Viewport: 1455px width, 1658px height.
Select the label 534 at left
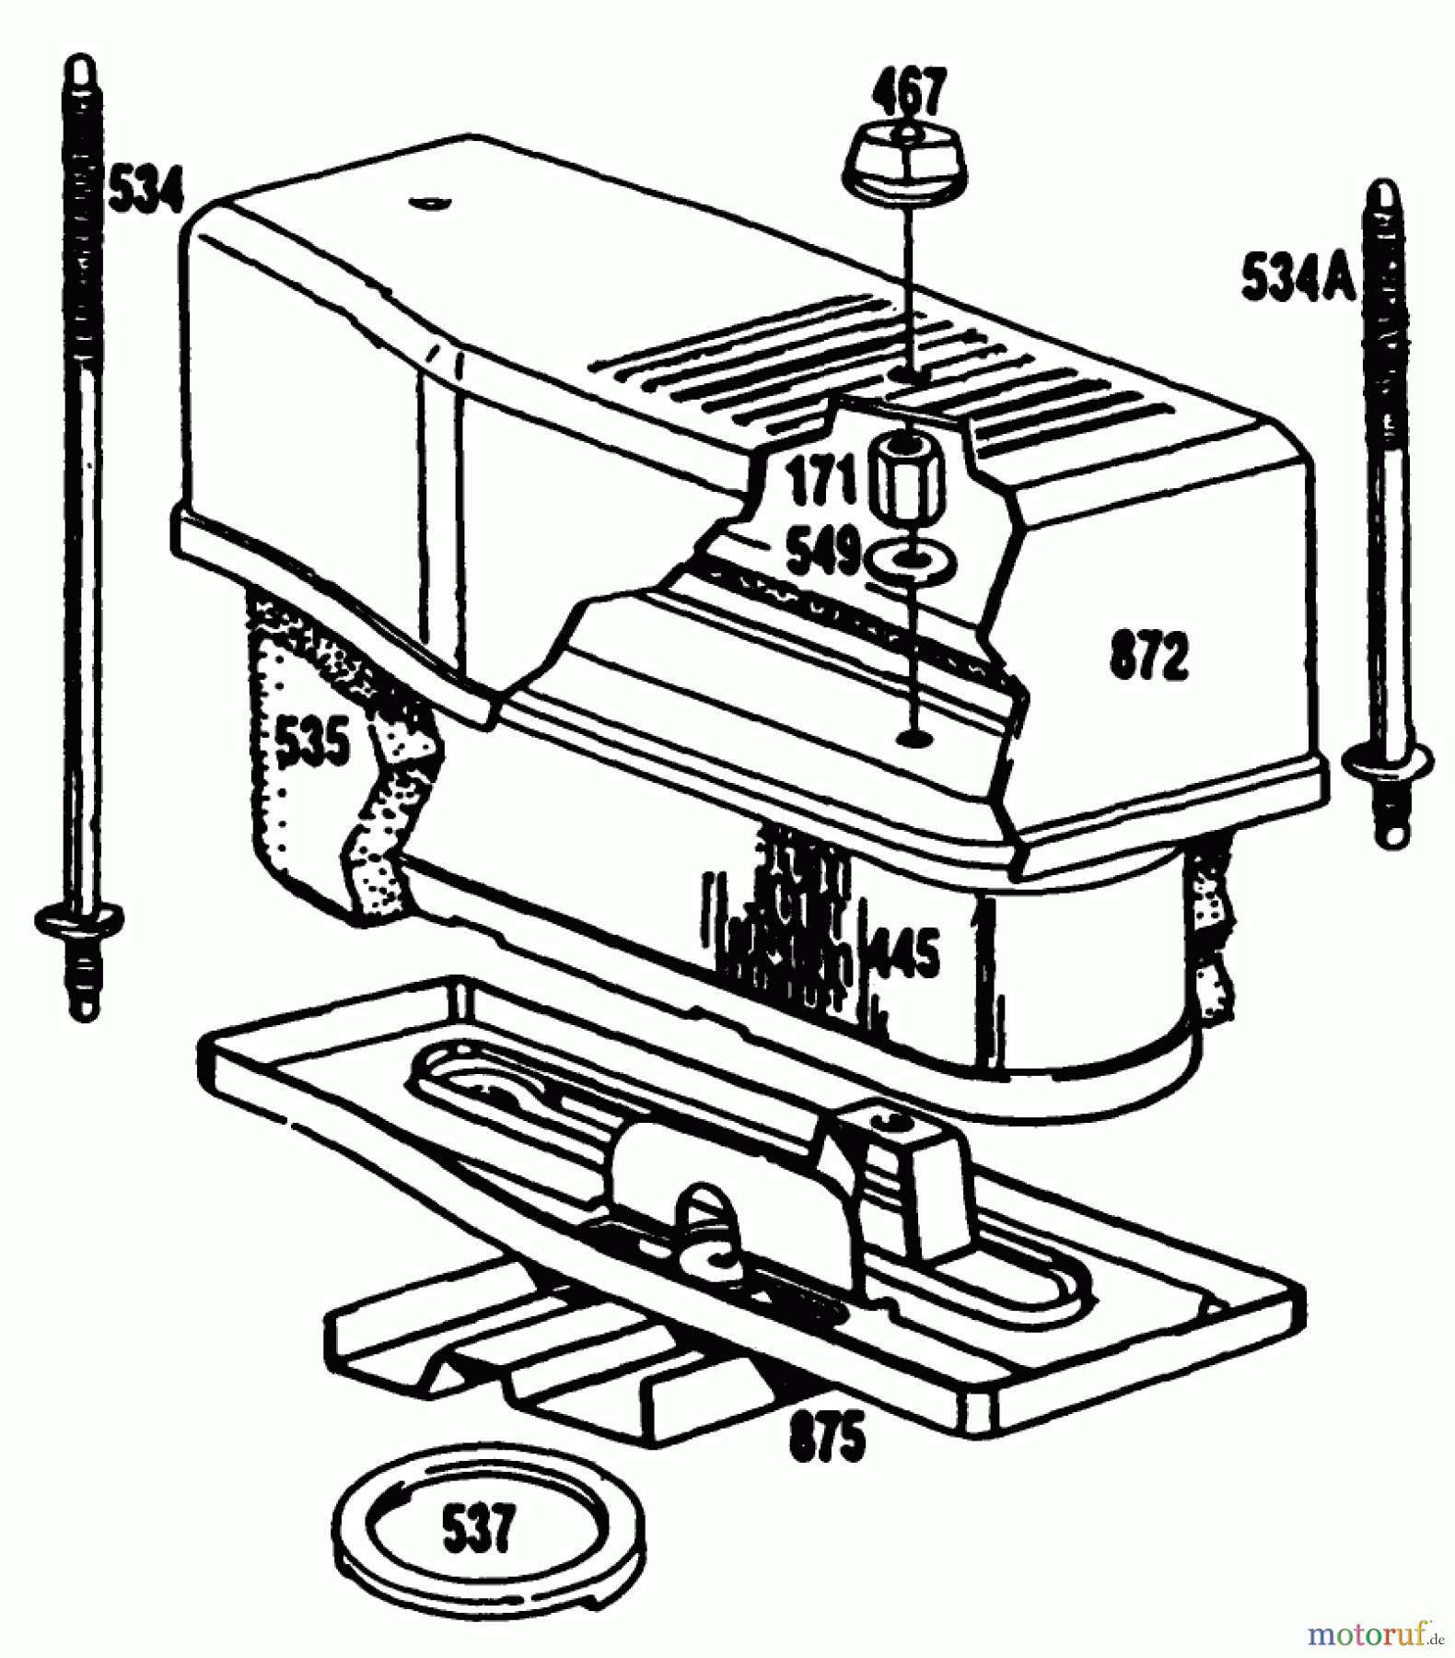(145, 189)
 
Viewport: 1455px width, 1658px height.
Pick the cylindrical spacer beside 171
(908, 484)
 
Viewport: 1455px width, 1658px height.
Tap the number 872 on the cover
(1148, 656)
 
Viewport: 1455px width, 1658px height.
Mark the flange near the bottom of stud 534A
(1387, 761)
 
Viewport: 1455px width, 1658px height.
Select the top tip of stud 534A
(1385, 194)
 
